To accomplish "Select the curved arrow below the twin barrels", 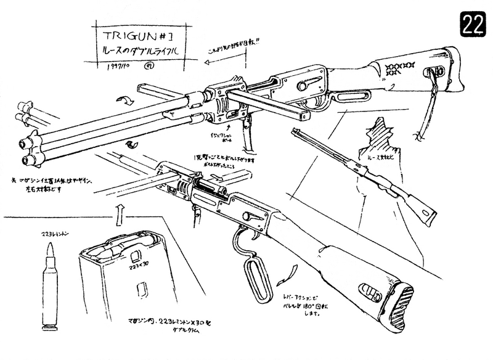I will pyautogui.click(x=130, y=143).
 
